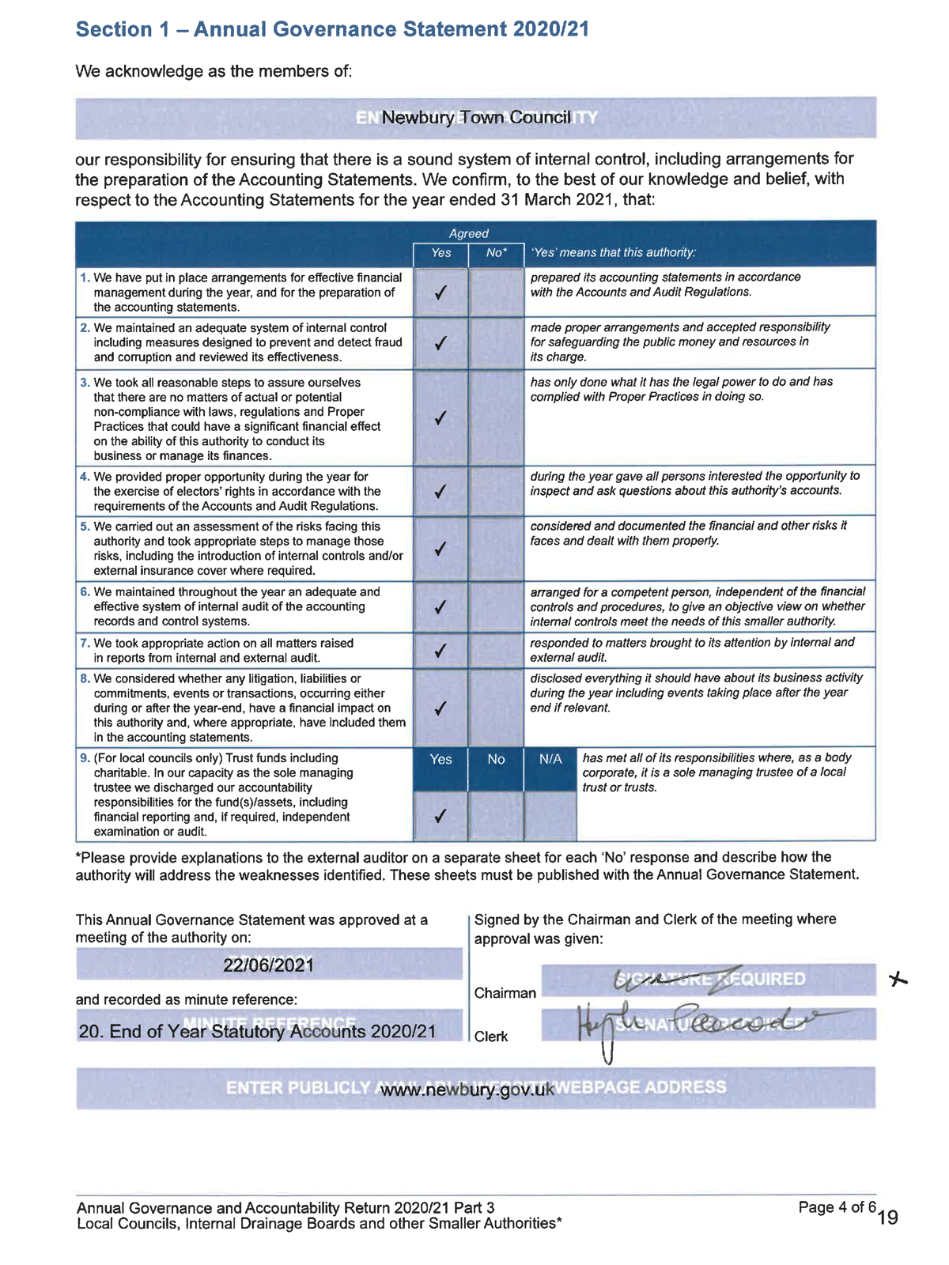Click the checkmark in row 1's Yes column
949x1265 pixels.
click(x=440, y=293)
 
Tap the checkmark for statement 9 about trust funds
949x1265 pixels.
click(x=440, y=815)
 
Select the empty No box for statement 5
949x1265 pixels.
click(x=496, y=548)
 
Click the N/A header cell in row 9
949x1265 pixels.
click(x=550, y=759)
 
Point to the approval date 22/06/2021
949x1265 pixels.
click(x=269, y=965)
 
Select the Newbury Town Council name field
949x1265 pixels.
click(x=475, y=118)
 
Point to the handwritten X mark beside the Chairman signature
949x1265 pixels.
click(x=897, y=980)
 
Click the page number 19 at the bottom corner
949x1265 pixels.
click(x=888, y=1218)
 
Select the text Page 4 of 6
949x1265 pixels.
click(x=837, y=1206)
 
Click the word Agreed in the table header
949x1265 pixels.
click(x=468, y=233)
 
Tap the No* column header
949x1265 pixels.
click(x=496, y=253)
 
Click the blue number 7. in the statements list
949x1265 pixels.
click(x=85, y=643)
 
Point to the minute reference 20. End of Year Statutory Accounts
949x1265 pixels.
click(x=258, y=1032)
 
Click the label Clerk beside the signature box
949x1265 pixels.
click(x=491, y=1037)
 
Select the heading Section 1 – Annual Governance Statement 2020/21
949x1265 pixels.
click(x=332, y=29)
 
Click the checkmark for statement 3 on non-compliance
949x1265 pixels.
click(x=440, y=417)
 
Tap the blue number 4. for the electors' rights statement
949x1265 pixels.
click(x=85, y=477)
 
